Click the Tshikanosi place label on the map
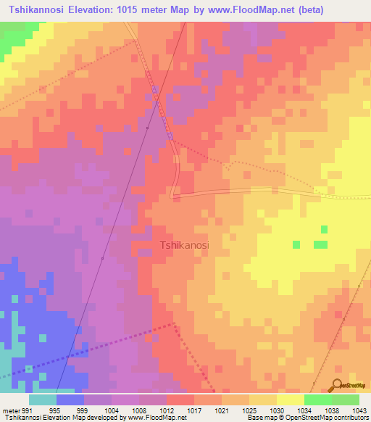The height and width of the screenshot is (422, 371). (184, 245)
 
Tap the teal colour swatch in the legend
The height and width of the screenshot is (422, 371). (43, 400)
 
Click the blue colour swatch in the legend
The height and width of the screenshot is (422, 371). (70, 400)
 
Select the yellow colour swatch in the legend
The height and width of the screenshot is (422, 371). (291, 400)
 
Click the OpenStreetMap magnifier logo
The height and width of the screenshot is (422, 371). (338, 384)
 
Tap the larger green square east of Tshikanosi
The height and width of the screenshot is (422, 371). (320, 245)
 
